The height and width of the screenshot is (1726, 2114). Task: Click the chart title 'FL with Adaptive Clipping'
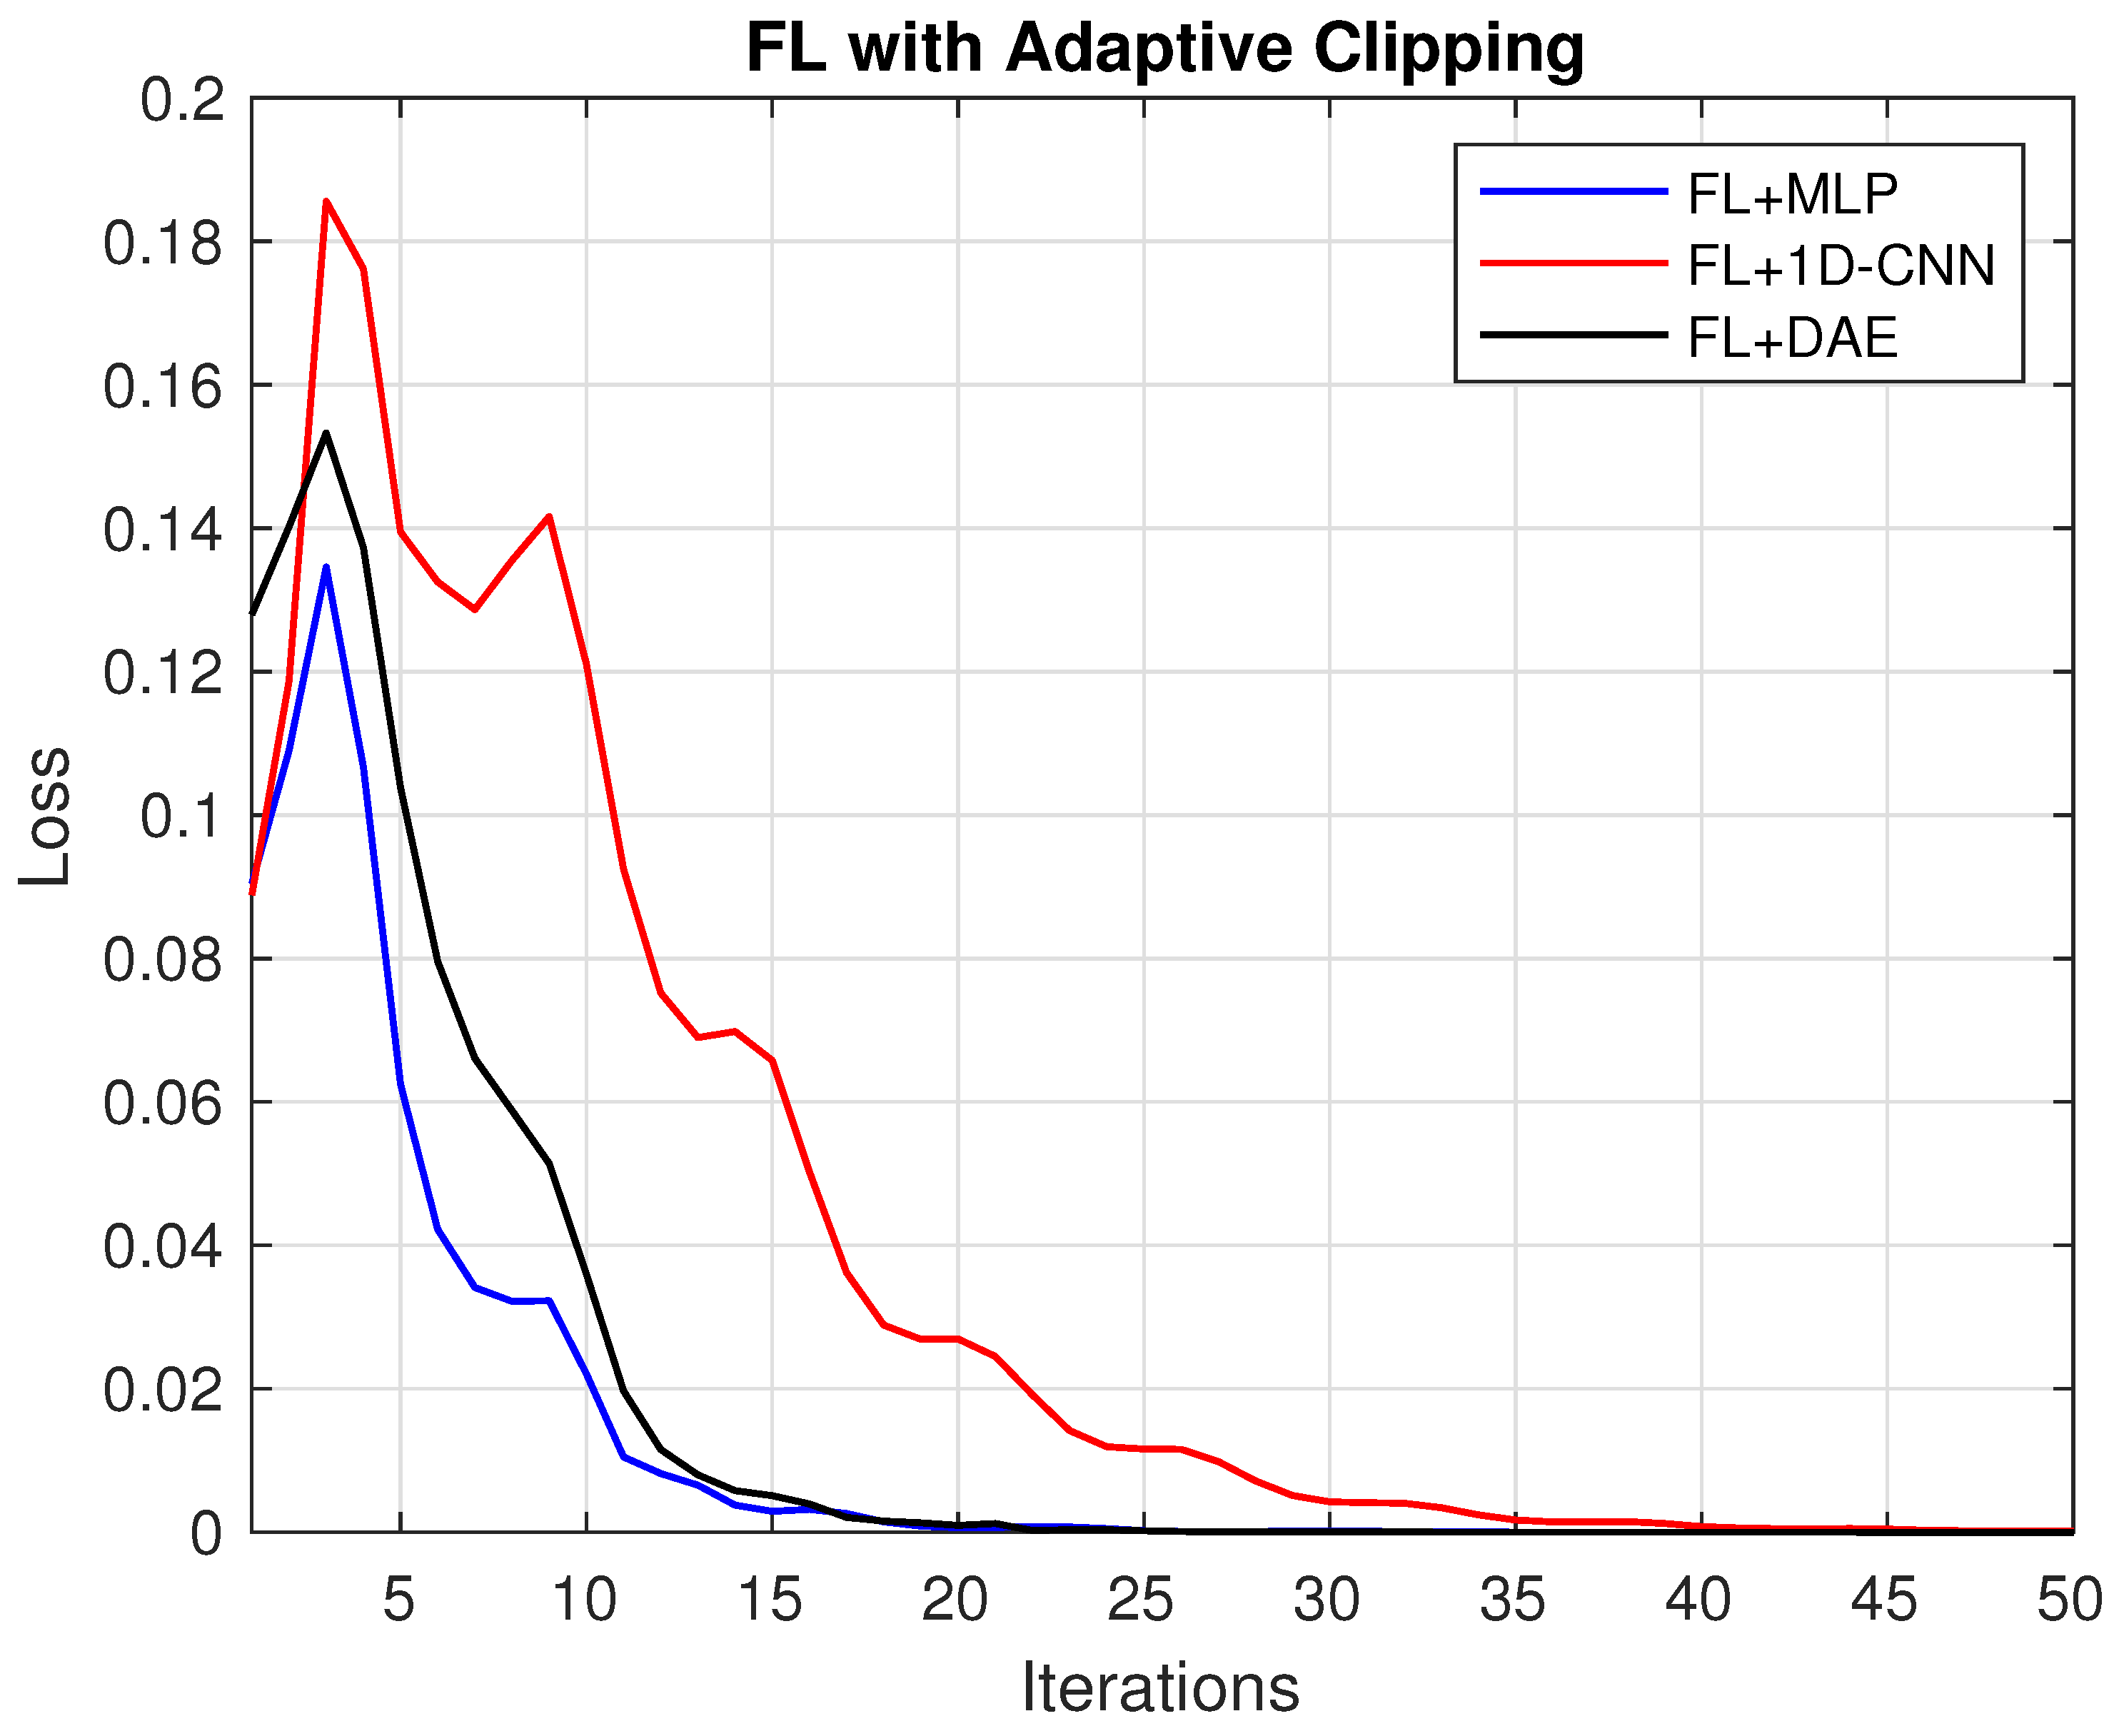(1165, 48)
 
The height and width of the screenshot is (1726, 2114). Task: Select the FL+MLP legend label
(1792, 194)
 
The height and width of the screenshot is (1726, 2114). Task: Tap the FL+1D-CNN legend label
(1841, 266)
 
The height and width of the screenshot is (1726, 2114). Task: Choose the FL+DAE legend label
(1792, 338)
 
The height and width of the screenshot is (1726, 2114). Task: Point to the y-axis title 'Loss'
(45, 815)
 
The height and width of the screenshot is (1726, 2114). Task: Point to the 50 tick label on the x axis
(2068, 1600)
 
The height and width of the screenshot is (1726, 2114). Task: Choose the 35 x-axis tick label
(1512, 1600)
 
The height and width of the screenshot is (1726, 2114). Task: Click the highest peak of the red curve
(326, 202)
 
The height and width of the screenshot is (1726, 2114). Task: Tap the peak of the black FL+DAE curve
(326, 433)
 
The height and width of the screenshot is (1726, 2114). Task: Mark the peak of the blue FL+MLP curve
(326, 567)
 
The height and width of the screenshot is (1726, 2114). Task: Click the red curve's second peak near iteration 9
(549, 517)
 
